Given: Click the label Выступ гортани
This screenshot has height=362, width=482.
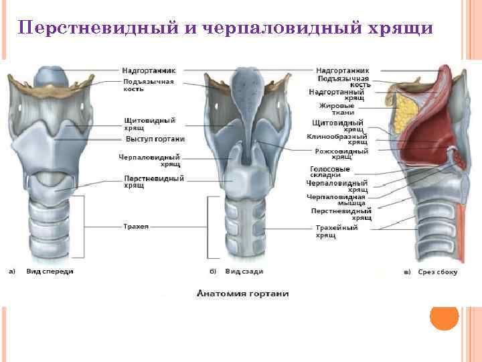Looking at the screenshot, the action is coord(155,139).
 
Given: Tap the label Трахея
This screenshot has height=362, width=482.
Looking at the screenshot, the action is coord(135,227).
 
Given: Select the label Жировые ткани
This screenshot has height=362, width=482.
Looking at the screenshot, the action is coord(337,109).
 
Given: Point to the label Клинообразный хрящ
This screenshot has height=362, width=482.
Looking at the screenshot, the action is coord(338,139).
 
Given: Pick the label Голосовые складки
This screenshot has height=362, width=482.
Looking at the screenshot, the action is coord(330,172).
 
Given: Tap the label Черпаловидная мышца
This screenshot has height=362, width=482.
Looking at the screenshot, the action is coord(337,200).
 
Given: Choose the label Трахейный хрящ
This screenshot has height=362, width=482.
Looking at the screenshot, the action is coord(337,231).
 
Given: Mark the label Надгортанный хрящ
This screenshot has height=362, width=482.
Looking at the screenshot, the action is coord(341,94).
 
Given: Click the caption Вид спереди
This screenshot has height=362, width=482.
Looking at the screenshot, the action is coord(50,271).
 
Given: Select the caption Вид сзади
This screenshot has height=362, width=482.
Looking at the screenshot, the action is coord(244,271).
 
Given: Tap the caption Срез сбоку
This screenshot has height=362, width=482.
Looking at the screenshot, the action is coord(438,272).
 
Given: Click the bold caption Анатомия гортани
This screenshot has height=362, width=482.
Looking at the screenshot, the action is coord(242,294).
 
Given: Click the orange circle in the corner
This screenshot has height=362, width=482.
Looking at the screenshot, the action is coord(444,316).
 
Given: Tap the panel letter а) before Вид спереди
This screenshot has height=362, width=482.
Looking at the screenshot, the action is coord(12,271).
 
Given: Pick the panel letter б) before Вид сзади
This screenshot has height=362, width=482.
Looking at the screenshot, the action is coord(212,271).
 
